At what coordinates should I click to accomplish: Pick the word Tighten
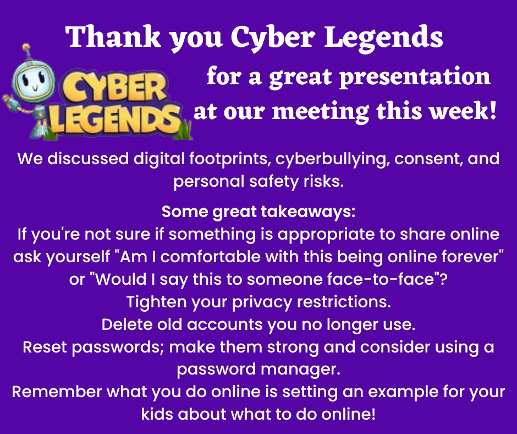(156, 302)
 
